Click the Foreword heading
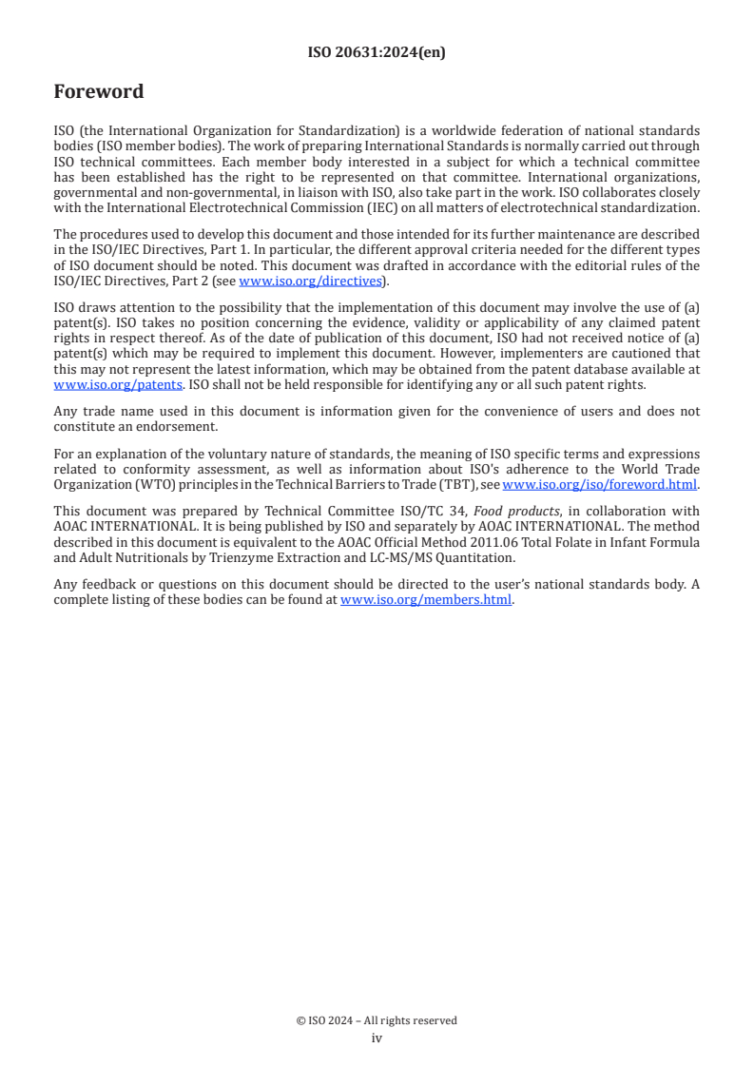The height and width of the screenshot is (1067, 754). (x=99, y=92)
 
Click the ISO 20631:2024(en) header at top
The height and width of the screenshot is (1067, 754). (x=377, y=53)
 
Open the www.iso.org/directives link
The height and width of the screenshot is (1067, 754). (x=310, y=281)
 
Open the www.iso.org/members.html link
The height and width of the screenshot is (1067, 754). (x=426, y=600)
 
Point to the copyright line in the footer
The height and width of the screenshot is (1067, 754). (x=377, y=1020)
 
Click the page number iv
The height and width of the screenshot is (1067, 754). (x=377, y=1038)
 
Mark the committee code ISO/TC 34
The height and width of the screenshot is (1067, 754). (x=430, y=510)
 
